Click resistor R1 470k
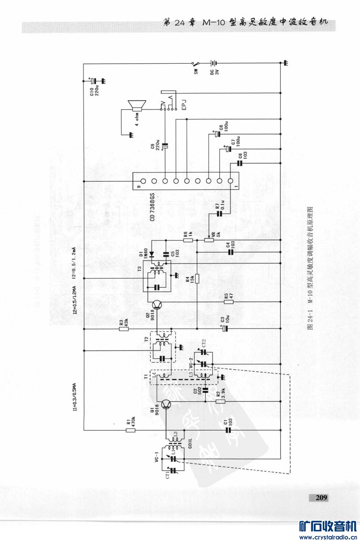coord(131,430)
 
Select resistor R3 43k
coord(124,329)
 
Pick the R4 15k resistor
coord(197,279)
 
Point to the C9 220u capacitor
coord(165,146)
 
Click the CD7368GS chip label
coord(153,207)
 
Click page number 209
coord(321,498)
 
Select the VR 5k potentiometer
coord(209,240)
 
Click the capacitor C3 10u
coord(226,329)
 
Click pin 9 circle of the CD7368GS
coord(143,181)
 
